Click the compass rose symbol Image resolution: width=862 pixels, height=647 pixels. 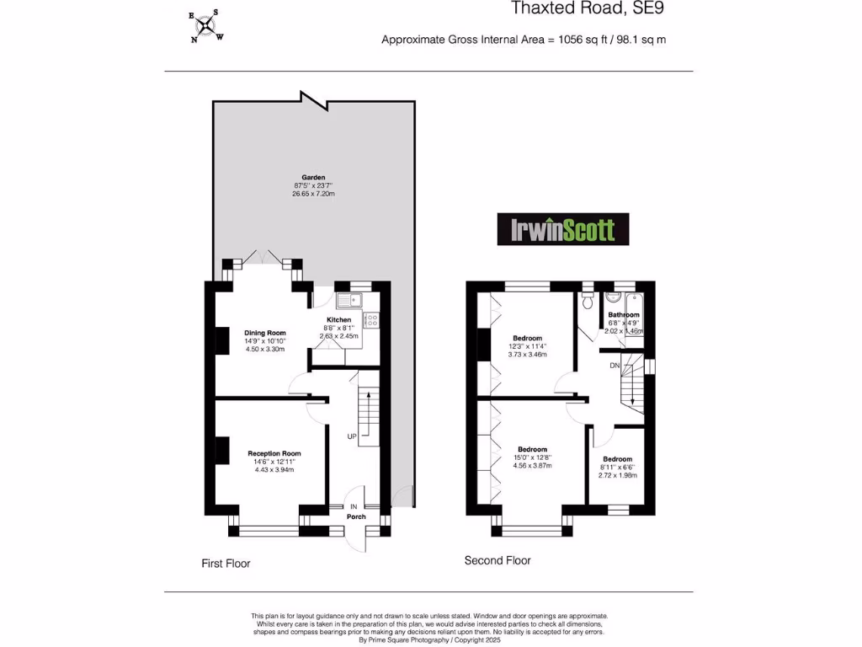click(x=205, y=25)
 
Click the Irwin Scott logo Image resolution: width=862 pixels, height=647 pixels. click(x=562, y=229)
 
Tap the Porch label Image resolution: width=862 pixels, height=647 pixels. click(x=356, y=516)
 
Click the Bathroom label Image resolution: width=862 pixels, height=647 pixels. click(x=624, y=315)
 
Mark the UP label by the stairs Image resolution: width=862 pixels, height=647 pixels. click(x=352, y=436)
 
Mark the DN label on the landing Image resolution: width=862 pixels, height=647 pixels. click(x=615, y=366)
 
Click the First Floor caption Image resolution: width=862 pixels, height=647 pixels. click(x=226, y=563)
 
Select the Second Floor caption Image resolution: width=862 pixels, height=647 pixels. click(x=498, y=560)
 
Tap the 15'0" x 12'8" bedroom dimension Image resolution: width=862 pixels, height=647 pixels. click(x=532, y=457)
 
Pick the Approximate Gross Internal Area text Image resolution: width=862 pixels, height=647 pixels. click(x=524, y=40)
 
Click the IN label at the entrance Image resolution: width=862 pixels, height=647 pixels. click(x=354, y=506)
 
